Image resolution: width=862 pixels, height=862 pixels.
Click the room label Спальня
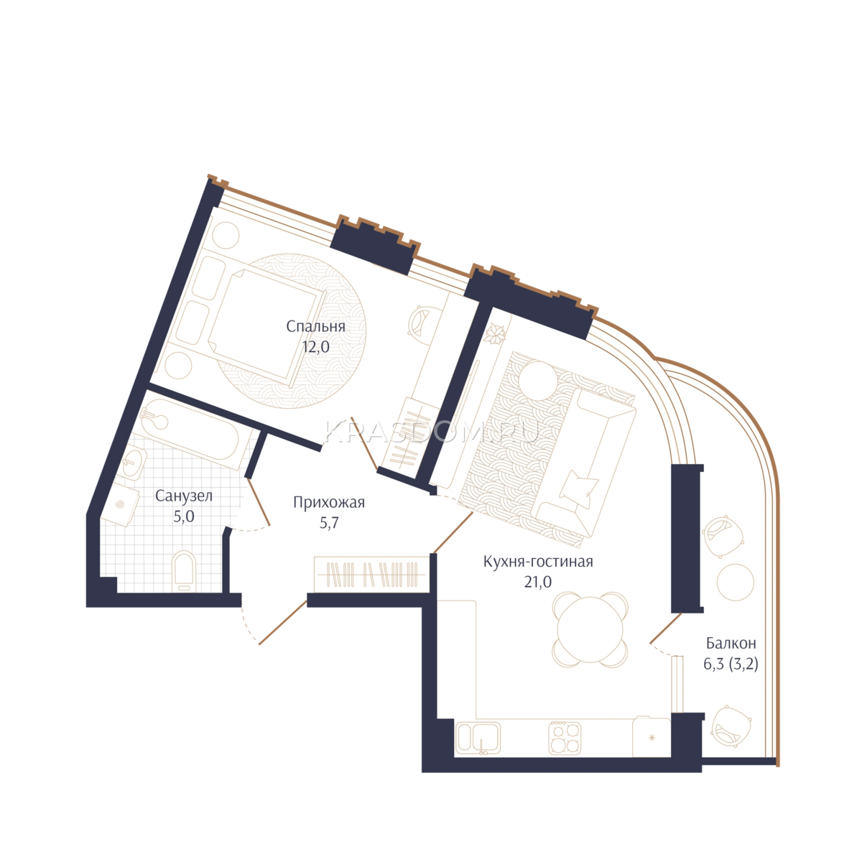315,327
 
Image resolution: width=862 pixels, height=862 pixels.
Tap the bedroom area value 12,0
316,347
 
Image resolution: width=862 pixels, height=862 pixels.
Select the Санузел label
184,496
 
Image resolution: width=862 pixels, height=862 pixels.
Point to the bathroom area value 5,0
184,516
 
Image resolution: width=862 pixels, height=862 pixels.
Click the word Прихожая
329,502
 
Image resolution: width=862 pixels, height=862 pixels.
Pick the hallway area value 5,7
329,523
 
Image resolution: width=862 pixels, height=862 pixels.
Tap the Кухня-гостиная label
538,562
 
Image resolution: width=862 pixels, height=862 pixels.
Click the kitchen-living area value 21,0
538,582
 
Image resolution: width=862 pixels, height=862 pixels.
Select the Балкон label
731,643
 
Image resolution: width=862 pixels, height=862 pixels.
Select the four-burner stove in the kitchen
565,738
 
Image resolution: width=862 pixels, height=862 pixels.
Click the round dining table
590,629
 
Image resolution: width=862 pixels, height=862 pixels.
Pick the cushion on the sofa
579,488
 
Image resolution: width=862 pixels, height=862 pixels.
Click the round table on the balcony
736,582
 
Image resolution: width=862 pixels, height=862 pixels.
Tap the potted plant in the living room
495,334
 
